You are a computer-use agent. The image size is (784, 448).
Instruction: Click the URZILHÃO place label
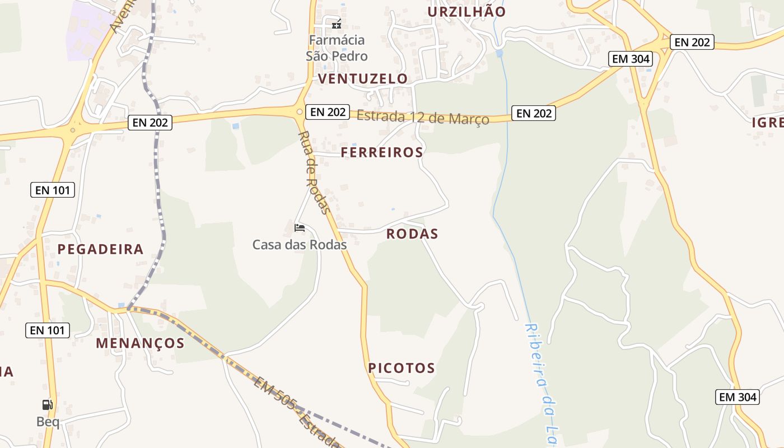pyautogui.click(x=466, y=12)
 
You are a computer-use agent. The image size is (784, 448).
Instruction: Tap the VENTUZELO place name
pyautogui.click(x=363, y=79)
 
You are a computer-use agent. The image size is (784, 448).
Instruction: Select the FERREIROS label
pyautogui.click(x=382, y=152)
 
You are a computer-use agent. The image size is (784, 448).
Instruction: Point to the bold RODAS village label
pyautogui.click(x=412, y=234)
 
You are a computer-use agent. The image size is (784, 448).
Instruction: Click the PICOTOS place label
pyautogui.click(x=402, y=368)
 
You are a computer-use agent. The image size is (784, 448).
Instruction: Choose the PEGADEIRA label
pyautogui.click(x=100, y=249)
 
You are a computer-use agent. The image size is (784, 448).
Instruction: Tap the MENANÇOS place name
pyautogui.click(x=140, y=343)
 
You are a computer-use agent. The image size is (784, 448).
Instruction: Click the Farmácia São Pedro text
pyautogui.click(x=337, y=48)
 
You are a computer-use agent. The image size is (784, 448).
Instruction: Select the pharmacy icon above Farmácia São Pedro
pyautogui.click(x=337, y=24)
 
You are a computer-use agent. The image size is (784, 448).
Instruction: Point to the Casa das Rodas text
pyautogui.click(x=300, y=245)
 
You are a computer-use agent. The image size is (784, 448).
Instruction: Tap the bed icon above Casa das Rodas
pyautogui.click(x=300, y=228)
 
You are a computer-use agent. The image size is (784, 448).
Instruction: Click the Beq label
pyautogui.click(x=48, y=422)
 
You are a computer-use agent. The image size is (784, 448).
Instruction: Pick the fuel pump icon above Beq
pyautogui.click(x=48, y=405)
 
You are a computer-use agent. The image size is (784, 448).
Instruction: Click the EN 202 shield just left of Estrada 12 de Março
pyautogui.click(x=328, y=112)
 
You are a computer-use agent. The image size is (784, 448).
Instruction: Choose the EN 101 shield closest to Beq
pyautogui.click(x=48, y=330)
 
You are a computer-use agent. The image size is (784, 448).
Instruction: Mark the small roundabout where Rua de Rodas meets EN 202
pyautogui.click(x=300, y=112)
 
